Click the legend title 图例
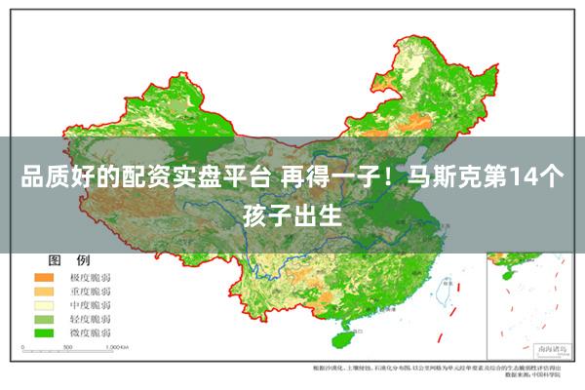pos(69,260)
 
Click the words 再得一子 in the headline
pos(328,178)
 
